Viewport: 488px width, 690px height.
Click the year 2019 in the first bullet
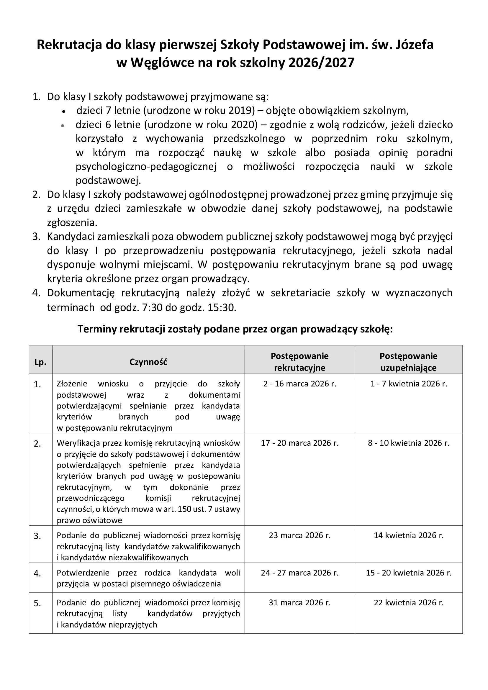pyautogui.click(x=240, y=111)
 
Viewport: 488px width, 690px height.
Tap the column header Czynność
pyautogui.click(x=148, y=362)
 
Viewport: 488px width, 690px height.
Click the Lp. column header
pyautogui.click(x=40, y=362)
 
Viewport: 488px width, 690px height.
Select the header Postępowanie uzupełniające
pyautogui.click(x=408, y=362)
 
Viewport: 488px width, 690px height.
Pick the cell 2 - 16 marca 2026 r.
pyautogui.click(x=299, y=384)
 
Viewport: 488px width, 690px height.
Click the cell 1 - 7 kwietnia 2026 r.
pyautogui.click(x=409, y=384)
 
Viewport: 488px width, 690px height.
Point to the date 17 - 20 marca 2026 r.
pyautogui.click(x=299, y=443)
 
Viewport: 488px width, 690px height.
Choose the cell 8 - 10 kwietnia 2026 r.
pyautogui.click(x=409, y=443)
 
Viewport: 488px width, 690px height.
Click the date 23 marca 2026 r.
pyautogui.click(x=299, y=535)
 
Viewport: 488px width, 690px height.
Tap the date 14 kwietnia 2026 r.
pyautogui.click(x=409, y=535)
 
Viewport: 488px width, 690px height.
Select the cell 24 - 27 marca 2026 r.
pyautogui.click(x=299, y=573)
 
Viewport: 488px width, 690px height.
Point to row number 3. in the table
pyautogui.click(x=37, y=536)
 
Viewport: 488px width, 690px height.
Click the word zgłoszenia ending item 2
pyautogui.click(x=72, y=222)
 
